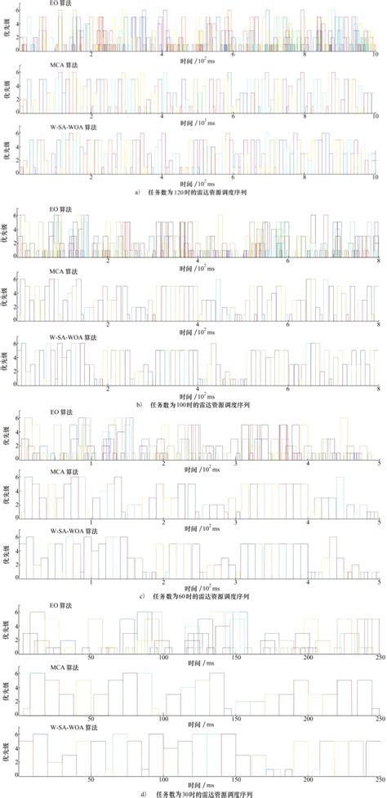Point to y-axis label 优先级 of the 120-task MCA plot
click(7, 96)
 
